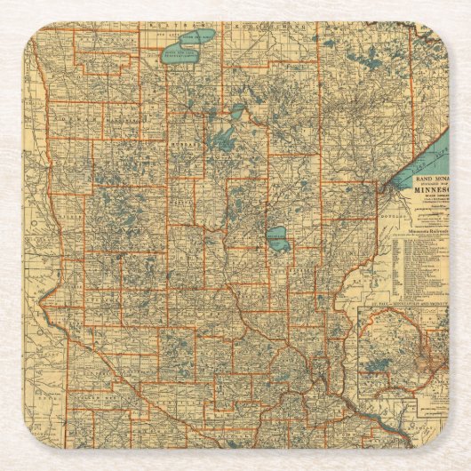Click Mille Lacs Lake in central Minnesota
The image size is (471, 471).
click(278, 237)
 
